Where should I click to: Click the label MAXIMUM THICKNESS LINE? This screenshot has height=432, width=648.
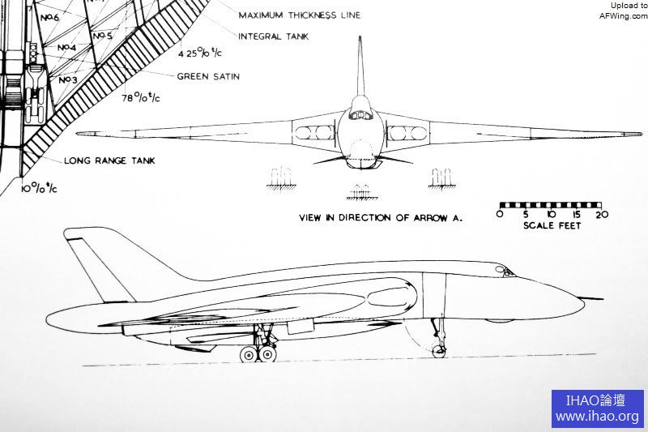coord(299,15)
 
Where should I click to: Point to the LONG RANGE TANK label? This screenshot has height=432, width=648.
coord(109,160)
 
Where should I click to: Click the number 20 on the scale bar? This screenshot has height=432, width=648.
coord(601,214)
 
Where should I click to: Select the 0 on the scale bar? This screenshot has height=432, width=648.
coord(500,214)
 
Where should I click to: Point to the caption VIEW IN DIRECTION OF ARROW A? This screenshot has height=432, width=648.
coord(380,218)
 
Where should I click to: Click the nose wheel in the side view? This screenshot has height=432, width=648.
coord(439,350)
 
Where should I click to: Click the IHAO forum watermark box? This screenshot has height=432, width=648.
coord(597,408)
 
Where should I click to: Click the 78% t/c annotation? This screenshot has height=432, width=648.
coord(140,98)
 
